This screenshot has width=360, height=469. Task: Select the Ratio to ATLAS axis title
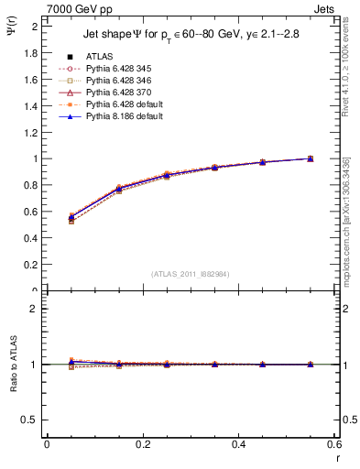[x=13, y=364]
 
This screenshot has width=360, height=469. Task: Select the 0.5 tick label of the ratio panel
[x=31, y=420]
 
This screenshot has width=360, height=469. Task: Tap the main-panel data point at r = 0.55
[x=311, y=158]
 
